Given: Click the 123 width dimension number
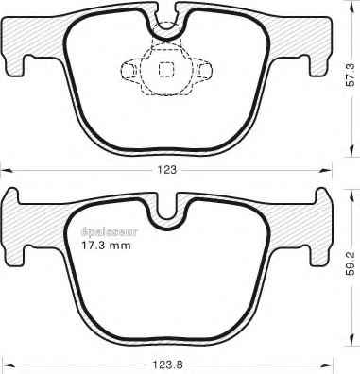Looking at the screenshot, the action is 167,170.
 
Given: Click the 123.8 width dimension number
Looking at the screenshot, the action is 167,365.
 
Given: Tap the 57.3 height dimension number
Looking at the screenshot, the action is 351,75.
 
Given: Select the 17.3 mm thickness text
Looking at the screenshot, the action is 106,246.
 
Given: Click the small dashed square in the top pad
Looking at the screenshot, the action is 166,69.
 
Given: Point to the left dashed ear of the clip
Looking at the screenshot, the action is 130,70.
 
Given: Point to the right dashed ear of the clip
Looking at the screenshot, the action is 202,70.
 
